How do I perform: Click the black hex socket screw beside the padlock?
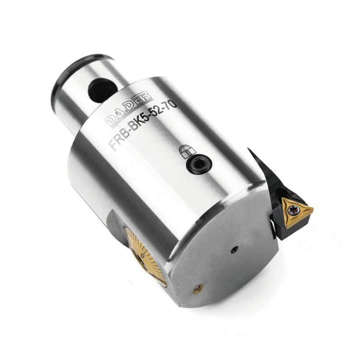coord(199,164)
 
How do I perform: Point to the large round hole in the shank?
coord(102,90)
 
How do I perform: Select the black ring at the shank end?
coord(69,76)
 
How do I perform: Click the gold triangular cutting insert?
coord(296,211)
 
